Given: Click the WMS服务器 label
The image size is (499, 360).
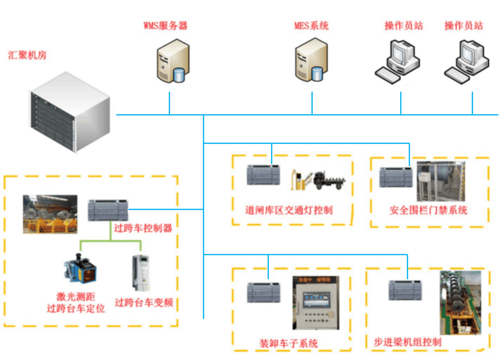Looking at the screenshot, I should [165, 25].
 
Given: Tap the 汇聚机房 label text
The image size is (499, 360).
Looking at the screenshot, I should [27, 56].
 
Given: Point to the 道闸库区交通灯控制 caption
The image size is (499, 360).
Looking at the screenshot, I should [288, 210].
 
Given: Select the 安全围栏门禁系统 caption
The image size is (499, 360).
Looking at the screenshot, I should [428, 210].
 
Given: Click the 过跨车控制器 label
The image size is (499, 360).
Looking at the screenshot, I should [143, 228].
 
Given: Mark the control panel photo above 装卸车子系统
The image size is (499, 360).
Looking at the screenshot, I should [316, 305].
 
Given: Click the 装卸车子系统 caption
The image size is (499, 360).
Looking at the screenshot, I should [288, 343].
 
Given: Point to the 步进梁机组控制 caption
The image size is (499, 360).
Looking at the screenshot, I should [407, 342].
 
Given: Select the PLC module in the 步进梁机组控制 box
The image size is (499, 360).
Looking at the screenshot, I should [405, 290].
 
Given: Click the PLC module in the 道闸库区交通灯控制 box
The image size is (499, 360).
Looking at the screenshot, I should [263, 175].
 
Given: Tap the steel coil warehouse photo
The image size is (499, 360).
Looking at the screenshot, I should [50, 214].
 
